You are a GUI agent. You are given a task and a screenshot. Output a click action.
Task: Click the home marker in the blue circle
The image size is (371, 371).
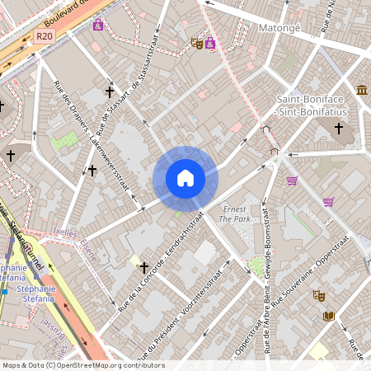185,178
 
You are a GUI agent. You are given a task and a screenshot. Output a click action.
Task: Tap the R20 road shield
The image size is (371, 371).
45,36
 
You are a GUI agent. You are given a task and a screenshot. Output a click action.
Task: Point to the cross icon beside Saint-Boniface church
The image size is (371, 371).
338,128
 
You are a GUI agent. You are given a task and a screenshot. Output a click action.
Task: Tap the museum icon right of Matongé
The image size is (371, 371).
362,89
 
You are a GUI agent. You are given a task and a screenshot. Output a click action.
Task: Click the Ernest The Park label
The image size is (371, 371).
235,214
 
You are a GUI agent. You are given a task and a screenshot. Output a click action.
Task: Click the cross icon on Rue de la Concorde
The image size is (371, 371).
144,268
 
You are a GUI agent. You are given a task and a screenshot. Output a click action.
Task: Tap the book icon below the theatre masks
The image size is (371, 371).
329,317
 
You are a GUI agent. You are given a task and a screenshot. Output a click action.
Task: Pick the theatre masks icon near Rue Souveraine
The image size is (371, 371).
318,295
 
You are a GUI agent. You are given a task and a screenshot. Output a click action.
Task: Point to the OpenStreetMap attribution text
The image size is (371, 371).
82,365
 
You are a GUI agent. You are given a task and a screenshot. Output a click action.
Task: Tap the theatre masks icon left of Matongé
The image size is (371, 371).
196,43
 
